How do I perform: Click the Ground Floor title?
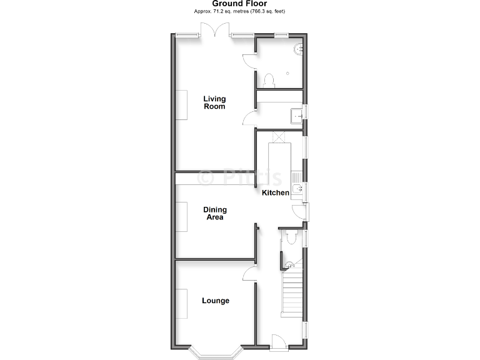(240, 4)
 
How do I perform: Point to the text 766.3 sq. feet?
(269, 11)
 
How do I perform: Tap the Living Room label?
(214, 102)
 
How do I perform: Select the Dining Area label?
(214, 214)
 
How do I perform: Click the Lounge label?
(215, 301)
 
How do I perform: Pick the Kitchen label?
(275, 193)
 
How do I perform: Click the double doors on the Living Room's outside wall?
(214, 32)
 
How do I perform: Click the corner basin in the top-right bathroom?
(298, 48)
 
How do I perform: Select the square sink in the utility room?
(296, 115)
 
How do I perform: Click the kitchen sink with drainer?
(297, 186)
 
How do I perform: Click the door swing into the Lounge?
(249, 271)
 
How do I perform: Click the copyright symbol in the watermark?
(204, 178)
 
